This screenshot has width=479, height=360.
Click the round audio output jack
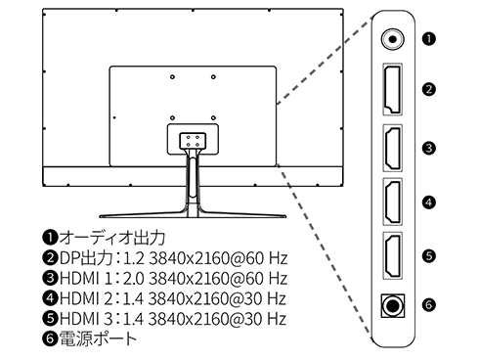point(393,40)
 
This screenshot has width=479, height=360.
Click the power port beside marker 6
point(394,304)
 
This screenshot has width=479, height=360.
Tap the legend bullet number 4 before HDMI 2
point(50,299)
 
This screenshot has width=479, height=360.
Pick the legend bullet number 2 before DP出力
point(50,258)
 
